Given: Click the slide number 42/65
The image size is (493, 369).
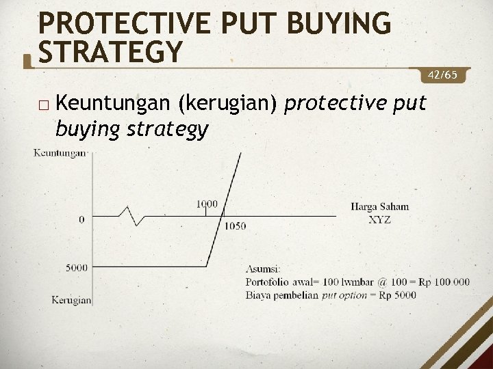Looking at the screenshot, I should (447, 73).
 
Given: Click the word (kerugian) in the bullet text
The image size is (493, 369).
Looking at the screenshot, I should (227, 104).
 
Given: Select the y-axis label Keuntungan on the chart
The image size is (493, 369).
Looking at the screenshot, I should (60, 153).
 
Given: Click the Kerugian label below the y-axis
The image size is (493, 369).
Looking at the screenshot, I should (71, 299).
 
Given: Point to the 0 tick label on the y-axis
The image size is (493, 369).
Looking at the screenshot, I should (82, 219).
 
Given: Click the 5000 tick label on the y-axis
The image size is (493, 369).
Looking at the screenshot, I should (77, 267).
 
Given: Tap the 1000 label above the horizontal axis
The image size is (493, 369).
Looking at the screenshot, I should (207, 204).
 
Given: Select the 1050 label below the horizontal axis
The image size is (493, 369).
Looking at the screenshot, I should (234, 226).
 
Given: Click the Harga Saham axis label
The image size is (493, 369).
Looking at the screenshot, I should (379, 206).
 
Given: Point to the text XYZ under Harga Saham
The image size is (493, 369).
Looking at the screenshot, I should (380, 219).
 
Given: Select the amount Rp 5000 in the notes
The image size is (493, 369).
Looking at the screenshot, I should (399, 295).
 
